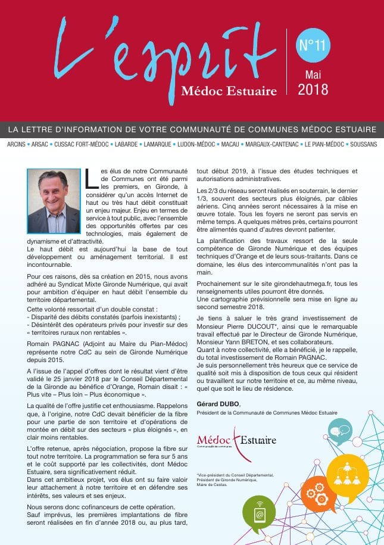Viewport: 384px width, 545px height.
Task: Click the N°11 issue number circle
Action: [311, 46]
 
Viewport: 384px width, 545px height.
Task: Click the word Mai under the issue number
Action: [313, 74]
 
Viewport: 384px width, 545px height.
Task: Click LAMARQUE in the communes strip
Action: [157, 144]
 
